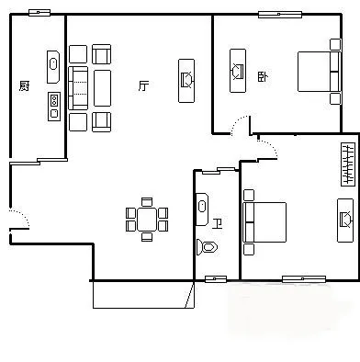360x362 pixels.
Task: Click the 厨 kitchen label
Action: pos(24,85)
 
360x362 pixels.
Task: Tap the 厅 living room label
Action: pos(143,85)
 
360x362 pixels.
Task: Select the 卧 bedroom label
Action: pos(263,76)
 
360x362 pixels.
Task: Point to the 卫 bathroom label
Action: pos(218,224)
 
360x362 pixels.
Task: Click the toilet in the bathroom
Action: pos(207,247)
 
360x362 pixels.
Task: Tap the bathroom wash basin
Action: pos(202,209)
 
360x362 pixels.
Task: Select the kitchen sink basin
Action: pos(53,67)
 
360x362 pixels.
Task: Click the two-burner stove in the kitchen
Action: pos(54,107)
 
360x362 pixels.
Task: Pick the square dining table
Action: pos(147,220)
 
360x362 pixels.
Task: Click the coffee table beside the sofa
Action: pos(102,88)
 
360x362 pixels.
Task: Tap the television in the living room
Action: pos(186,81)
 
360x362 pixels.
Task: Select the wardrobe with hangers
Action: pos(348,164)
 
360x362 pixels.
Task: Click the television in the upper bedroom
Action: pos(238,71)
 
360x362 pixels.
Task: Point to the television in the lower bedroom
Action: pos(345,221)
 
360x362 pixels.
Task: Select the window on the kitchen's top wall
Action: pos(39,13)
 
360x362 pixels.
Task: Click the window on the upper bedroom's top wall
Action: pos(280,15)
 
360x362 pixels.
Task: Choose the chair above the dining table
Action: pos(147,202)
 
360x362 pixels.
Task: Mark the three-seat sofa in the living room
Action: pos(78,88)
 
